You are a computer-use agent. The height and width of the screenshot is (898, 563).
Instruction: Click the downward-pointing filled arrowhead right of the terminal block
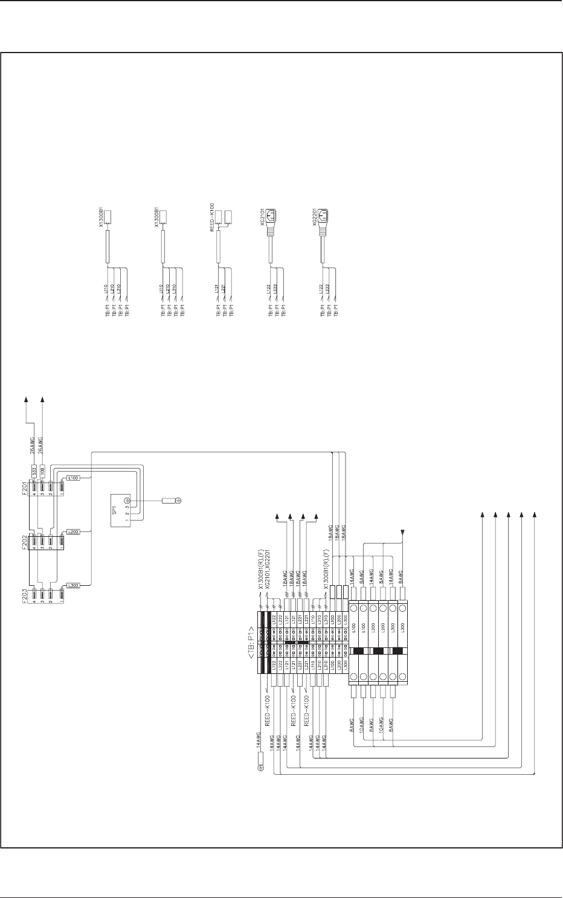click(x=402, y=532)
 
